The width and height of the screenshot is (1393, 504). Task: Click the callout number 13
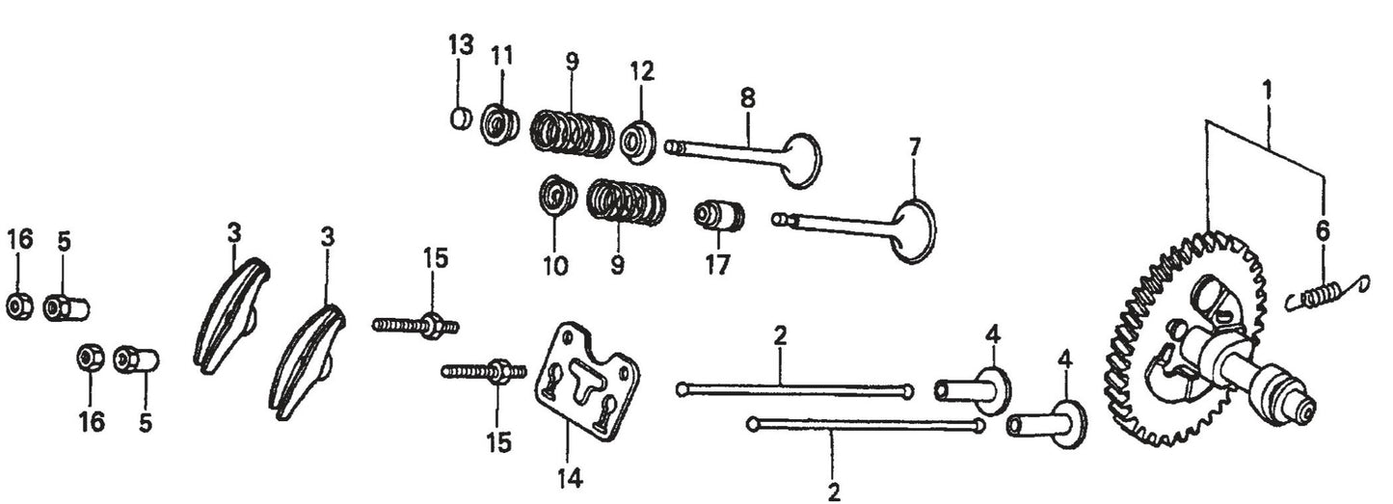462,44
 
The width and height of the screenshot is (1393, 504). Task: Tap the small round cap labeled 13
461,118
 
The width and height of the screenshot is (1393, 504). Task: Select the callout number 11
502,56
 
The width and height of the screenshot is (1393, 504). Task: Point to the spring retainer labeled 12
638,143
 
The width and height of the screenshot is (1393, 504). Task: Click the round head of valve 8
802,160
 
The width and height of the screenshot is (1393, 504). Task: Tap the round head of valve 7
912,231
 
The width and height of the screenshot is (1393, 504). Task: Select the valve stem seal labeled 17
720,215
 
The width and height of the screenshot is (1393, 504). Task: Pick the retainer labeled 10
556,196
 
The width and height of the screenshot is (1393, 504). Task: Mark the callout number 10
555,265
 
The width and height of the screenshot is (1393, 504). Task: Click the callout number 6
1322,230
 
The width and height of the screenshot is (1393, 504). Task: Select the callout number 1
1268,93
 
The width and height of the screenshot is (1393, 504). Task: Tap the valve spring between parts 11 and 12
573,133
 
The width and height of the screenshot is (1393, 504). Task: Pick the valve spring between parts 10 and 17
628,203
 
